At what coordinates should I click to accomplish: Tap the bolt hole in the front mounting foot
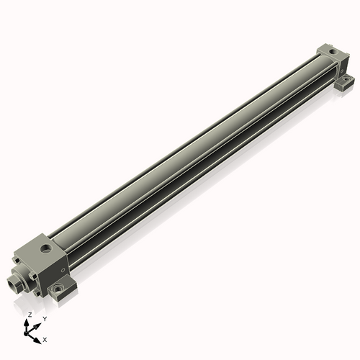[58, 289]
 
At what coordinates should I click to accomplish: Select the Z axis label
[30, 315]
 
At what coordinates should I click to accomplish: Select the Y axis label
[45, 318]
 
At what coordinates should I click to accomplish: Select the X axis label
[45, 338]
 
